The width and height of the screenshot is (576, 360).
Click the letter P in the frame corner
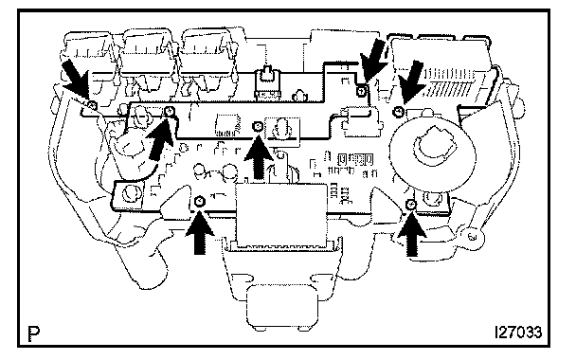[x=34, y=333]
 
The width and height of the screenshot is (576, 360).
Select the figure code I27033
[x=518, y=333]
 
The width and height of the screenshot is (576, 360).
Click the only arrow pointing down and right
[x=76, y=79]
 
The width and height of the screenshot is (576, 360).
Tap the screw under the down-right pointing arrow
[x=93, y=105]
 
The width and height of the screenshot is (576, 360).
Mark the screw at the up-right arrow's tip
[x=170, y=110]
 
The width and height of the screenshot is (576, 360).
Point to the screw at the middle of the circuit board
[x=259, y=127]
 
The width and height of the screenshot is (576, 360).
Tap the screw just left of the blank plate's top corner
[x=200, y=201]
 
